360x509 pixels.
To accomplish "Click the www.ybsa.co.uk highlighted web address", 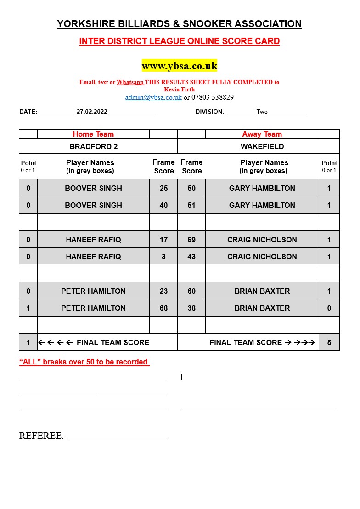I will click(179, 66).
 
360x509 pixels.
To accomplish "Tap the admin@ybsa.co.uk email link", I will click(153, 97).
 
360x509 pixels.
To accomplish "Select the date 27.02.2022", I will click(92, 112).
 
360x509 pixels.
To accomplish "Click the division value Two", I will click(262, 112).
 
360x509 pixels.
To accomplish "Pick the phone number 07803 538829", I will click(212, 97).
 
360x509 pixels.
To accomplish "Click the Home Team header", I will click(93, 134).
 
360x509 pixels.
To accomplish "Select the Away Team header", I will click(262, 134).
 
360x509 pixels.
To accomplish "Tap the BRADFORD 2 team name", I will click(93, 146).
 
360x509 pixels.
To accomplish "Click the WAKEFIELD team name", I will click(262, 146).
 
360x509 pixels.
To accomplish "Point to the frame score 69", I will click(191, 240).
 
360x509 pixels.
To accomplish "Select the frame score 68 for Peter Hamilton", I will click(163, 308).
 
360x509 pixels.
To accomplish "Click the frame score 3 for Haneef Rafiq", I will click(163, 257).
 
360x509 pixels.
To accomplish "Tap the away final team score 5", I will click(329, 342).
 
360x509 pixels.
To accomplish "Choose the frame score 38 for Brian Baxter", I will click(191, 308).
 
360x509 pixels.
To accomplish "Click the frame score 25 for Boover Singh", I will click(163, 188).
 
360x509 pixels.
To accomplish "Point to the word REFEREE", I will click(40, 436).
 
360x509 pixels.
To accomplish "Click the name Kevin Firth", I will click(179, 89).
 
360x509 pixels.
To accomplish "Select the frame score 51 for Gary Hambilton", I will click(191, 205).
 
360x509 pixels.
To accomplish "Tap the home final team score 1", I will click(28, 342).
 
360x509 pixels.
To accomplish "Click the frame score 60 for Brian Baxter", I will click(191, 291).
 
